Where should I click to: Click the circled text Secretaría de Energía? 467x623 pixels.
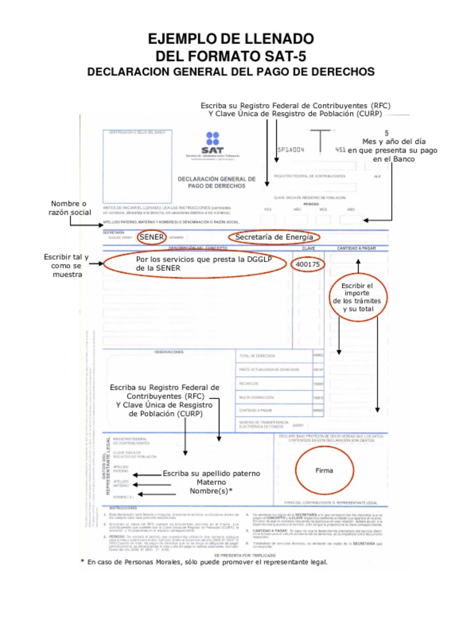point(274,237)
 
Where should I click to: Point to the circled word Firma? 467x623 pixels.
point(324,470)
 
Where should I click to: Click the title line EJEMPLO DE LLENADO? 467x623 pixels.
point(231,40)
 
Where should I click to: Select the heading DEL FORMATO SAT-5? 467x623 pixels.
point(231,57)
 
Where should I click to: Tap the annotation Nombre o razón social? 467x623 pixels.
point(69,207)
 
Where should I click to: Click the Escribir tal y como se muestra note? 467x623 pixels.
point(66,266)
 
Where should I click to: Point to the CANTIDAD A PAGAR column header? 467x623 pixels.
point(357,248)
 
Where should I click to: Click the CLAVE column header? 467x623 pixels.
point(308,248)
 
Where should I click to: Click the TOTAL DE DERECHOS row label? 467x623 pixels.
point(259,355)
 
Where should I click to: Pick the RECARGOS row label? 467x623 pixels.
point(251,383)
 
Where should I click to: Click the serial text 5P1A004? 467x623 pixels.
point(291,149)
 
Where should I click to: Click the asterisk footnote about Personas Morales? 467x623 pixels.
point(204,562)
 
